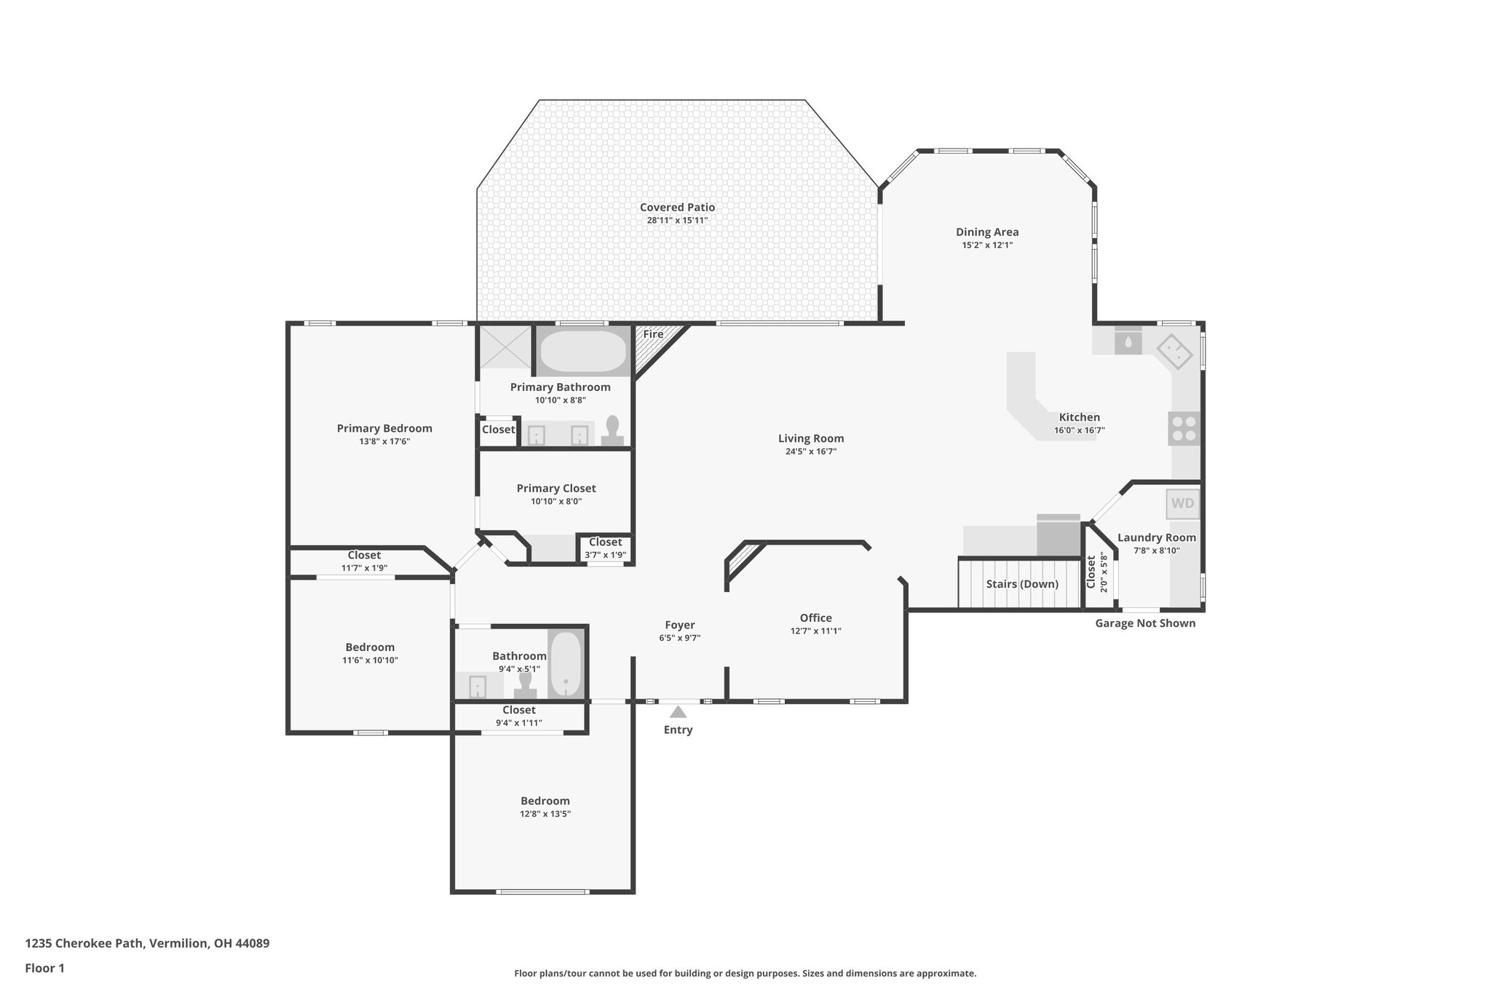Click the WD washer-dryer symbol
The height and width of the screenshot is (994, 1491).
pyautogui.click(x=1182, y=503)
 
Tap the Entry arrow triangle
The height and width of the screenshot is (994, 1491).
pyautogui.click(x=678, y=712)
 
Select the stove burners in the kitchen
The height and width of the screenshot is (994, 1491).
pyautogui.click(x=1184, y=428)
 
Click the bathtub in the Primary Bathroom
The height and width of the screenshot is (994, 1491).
pyautogui.click(x=582, y=352)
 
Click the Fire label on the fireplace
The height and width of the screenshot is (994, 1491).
pyautogui.click(x=653, y=334)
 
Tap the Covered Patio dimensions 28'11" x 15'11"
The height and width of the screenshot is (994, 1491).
pyautogui.click(x=677, y=220)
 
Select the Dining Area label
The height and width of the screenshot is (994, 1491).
pyautogui.click(x=987, y=232)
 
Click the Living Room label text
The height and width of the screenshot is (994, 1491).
pyautogui.click(x=811, y=438)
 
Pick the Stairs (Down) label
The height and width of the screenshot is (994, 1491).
pyautogui.click(x=1022, y=584)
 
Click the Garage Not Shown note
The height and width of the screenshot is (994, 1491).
pyautogui.click(x=1145, y=623)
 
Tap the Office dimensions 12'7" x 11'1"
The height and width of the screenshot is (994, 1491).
pyautogui.click(x=815, y=631)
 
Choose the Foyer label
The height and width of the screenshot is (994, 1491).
pyautogui.click(x=680, y=625)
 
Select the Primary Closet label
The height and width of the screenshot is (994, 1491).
pyautogui.click(x=556, y=489)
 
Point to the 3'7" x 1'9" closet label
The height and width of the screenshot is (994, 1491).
pyautogui.click(x=605, y=555)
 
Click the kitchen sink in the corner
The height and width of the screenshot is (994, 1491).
pyautogui.click(x=1174, y=352)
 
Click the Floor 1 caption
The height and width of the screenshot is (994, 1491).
pyautogui.click(x=45, y=969)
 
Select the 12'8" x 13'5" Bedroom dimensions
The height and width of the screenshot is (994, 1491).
pyautogui.click(x=545, y=814)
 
